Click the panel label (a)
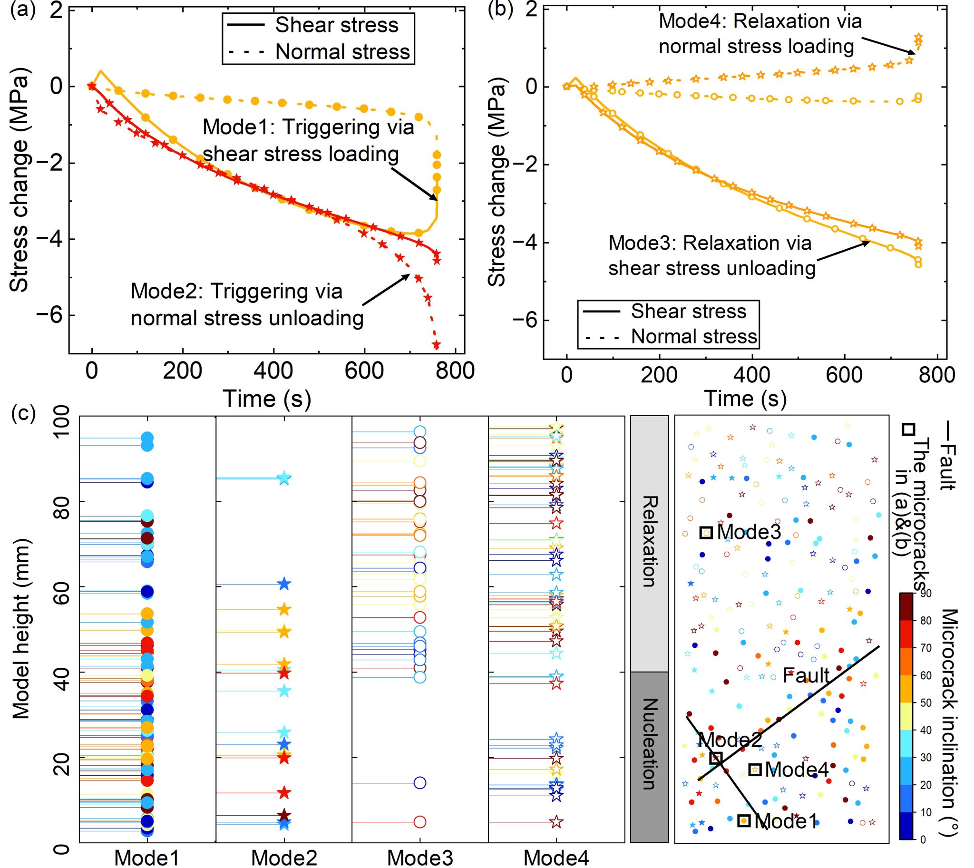point(23,10)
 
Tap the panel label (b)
point(500,10)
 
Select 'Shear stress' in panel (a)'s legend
point(336,25)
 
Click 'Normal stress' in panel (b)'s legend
point(694,336)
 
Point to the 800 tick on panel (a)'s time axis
point(456,371)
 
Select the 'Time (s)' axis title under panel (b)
point(745,398)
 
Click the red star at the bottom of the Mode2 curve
point(436,344)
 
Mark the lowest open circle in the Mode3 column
point(420,822)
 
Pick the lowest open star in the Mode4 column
point(556,822)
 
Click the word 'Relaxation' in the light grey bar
point(650,541)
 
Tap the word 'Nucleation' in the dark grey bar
point(650,744)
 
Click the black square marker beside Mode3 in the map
point(706,532)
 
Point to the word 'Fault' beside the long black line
point(806,675)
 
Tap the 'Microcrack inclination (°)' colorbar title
point(950,715)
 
